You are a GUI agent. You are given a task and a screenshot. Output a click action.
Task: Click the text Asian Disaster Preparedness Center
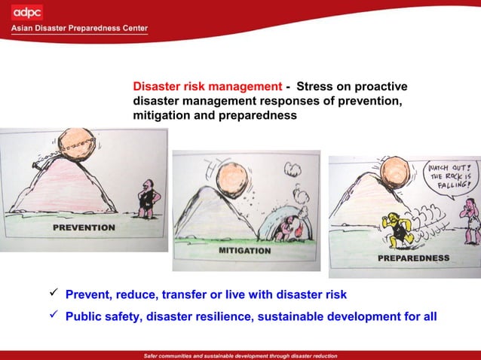click(x=79, y=29)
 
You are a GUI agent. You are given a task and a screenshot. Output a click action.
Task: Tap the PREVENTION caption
click(x=84, y=227)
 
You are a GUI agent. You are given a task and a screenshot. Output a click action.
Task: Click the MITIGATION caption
click(x=244, y=250)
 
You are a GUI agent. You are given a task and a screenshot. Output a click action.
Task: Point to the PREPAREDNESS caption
click(x=413, y=258)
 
